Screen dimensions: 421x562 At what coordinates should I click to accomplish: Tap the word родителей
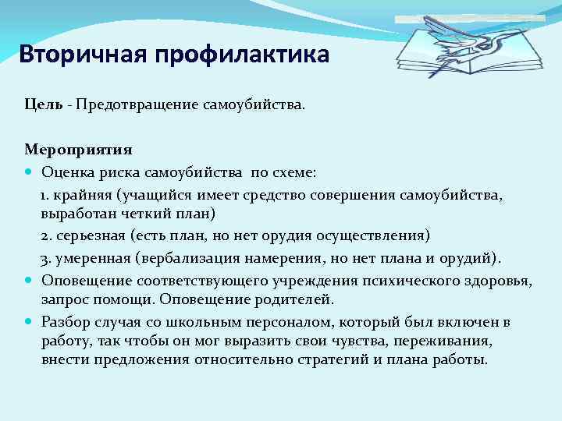click(x=295, y=300)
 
